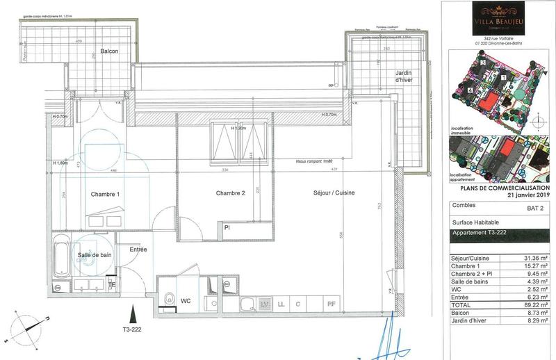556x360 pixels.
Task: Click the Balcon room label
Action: [x=108, y=51]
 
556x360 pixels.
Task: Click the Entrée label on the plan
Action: [x=138, y=249]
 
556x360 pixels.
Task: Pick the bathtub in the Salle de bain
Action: [x=62, y=262]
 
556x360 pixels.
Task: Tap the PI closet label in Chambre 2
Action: [x=227, y=227]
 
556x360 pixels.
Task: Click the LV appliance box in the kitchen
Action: [x=265, y=304]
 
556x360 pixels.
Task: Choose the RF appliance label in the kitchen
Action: [x=332, y=304]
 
